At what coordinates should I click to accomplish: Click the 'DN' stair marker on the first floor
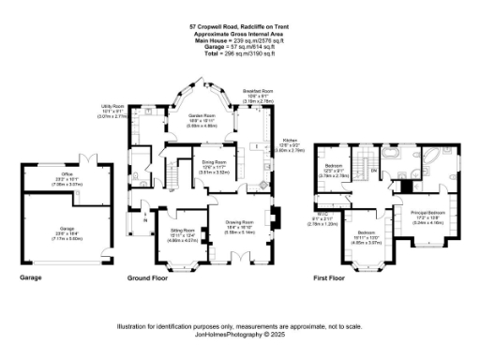(372, 171)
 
